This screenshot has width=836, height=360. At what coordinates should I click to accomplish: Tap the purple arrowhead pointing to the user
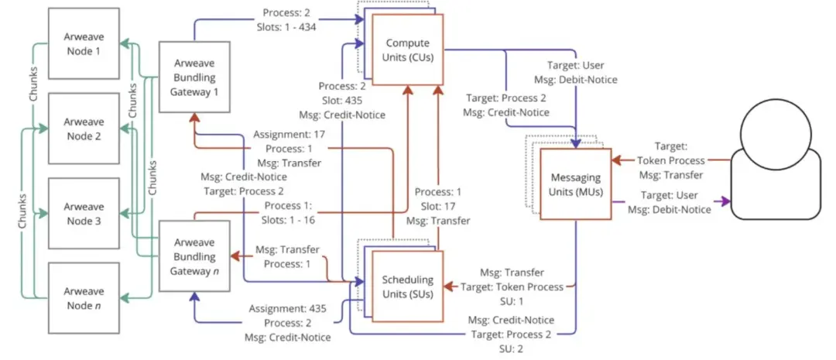point(723,201)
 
